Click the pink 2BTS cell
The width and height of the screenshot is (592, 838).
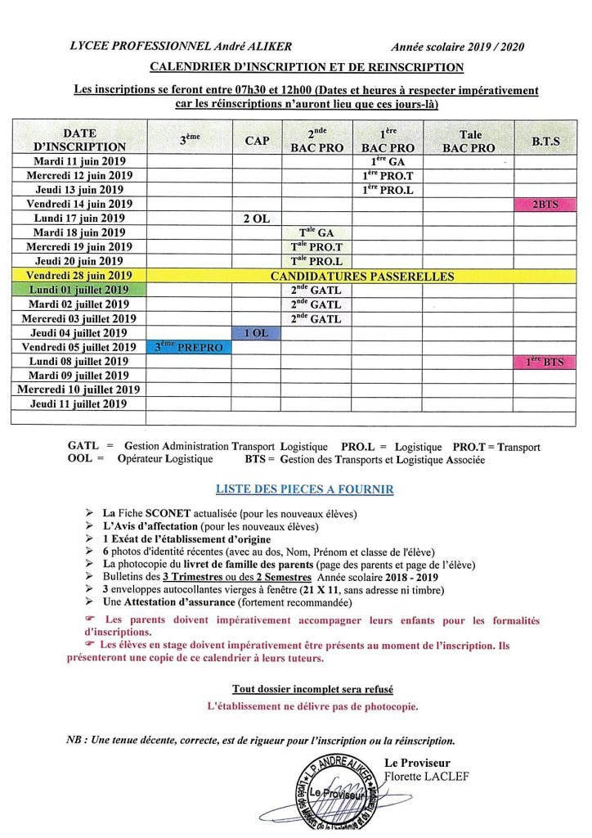[545, 204]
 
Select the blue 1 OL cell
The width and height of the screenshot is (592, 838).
[257, 332]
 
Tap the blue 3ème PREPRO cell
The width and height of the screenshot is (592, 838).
[189, 347]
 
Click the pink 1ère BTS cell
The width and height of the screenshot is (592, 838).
[545, 362]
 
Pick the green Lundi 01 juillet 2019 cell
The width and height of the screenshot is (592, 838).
[79, 290]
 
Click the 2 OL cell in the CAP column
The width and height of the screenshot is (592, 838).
[257, 219]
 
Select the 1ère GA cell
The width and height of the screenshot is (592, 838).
[388, 162]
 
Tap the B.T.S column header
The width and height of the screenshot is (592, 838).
[545, 141]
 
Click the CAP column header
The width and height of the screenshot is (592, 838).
[257, 141]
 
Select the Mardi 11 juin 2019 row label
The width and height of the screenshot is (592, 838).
[79, 162]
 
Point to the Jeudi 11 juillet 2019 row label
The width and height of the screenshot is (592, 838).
[79, 403]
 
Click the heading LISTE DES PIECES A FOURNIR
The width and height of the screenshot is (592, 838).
[304, 489]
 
